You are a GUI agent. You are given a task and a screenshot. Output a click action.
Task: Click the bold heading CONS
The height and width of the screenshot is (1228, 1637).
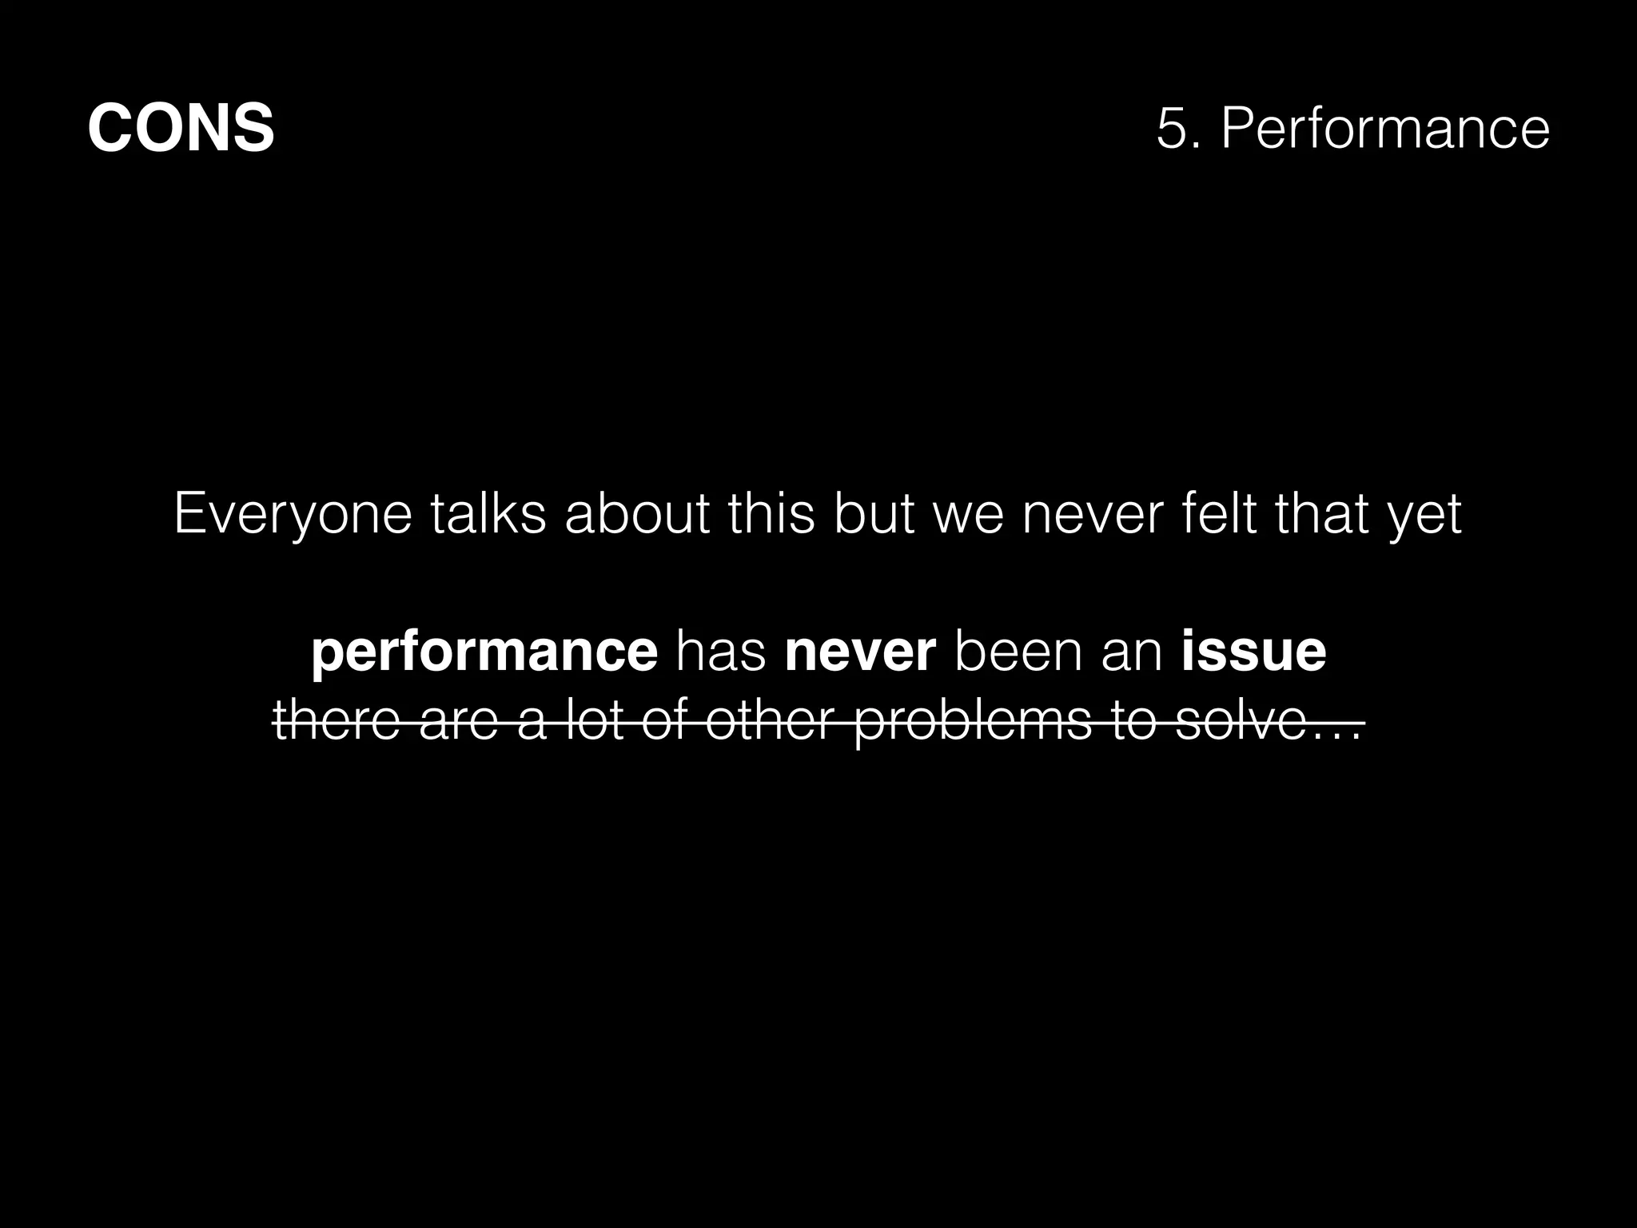(x=181, y=128)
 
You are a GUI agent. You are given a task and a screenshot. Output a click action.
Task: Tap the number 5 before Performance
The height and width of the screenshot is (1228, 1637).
(x=1171, y=128)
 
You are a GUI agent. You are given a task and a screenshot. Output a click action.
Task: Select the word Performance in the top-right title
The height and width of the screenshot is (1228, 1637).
(x=1385, y=128)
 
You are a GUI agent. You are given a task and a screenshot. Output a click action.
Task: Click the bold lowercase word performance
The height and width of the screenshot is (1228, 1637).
(x=484, y=652)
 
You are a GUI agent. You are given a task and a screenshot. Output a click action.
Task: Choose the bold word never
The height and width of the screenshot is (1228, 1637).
(x=860, y=652)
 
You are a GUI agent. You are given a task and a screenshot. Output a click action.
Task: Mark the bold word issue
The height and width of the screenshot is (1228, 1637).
(x=1253, y=652)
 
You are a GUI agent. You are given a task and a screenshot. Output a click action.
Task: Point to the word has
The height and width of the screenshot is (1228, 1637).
(x=721, y=652)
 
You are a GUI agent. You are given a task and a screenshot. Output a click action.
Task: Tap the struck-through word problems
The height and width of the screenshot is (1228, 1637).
(x=973, y=721)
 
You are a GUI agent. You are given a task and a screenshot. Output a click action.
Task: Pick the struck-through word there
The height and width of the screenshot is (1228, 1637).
(x=336, y=721)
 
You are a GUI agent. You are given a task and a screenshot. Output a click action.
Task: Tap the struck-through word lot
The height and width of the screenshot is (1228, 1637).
(x=594, y=721)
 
